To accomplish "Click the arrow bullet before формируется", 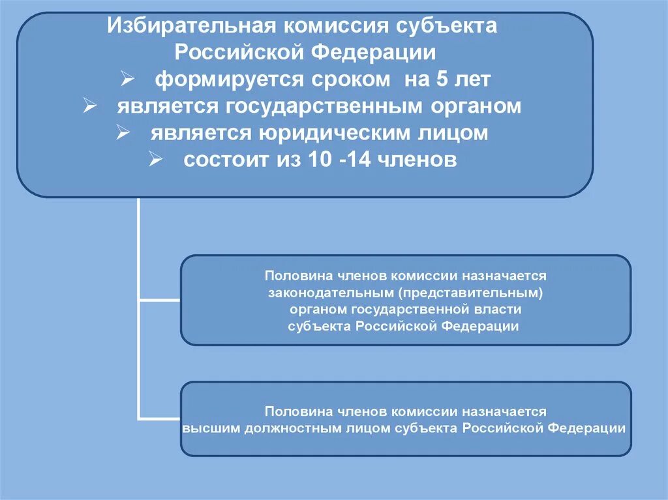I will coord(128,80).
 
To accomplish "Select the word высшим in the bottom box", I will coord(209,428).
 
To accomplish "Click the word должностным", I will coord(289,428).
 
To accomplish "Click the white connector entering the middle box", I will coord(160,300).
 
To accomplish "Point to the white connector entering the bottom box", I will coord(160,419).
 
